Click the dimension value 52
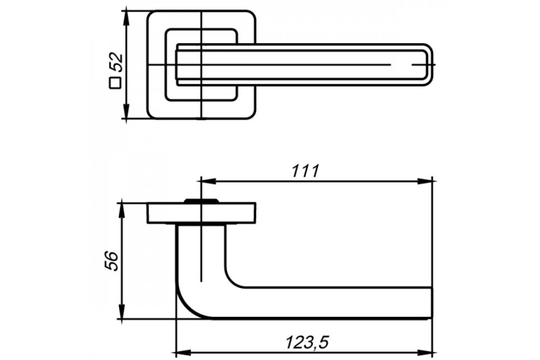(x=116, y=62)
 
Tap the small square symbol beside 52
(x=115, y=83)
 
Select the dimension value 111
(x=306, y=171)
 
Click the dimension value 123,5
(x=307, y=342)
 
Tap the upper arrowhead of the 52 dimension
(x=126, y=18)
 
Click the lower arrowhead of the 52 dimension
(x=126, y=112)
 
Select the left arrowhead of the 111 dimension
(x=208, y=181)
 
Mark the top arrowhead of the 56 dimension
(x=122, y=211)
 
